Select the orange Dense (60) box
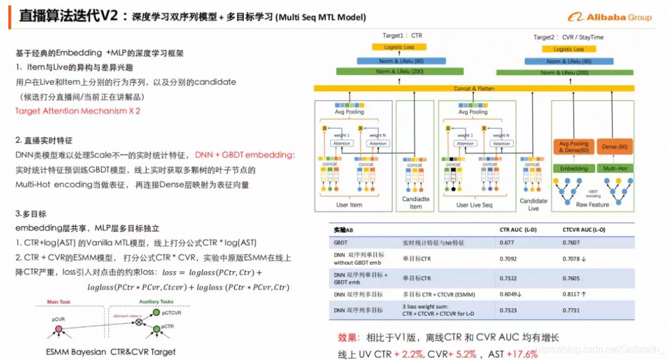point(615,146)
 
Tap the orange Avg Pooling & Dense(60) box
point(574,147)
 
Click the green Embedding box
point(574,169)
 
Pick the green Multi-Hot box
point(615,169)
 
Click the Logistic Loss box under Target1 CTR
point(399,47)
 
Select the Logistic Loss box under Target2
point(568,49)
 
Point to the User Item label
point(349,205)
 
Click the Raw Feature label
point(592,204)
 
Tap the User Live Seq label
point(474,205)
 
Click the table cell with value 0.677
point(507,242)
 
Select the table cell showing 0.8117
point(573,294)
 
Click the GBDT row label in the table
point(341,242)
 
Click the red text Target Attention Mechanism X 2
point(78,111)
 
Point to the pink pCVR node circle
point(59,329)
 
